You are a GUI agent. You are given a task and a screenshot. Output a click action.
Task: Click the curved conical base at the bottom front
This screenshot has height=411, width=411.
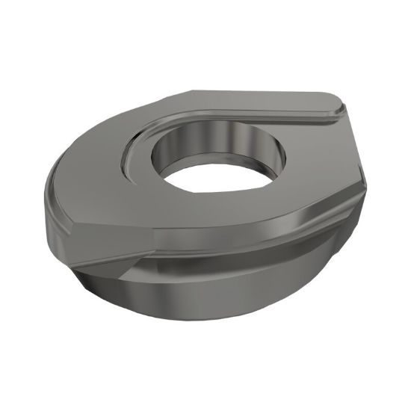click(x=209, y=299)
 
